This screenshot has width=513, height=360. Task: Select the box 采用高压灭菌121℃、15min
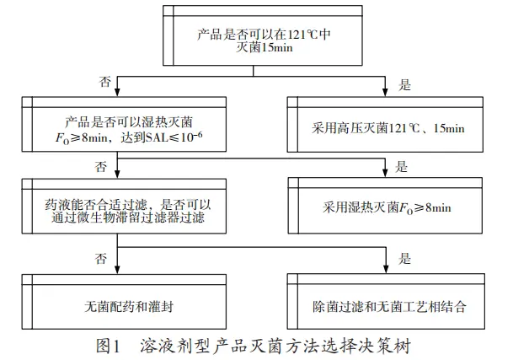tap(388, 130)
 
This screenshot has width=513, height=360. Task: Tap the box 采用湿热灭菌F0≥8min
tap(388, 206)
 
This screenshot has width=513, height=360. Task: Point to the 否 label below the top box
tap(105, 83)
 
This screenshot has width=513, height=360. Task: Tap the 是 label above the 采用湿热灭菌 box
tap(402, 164)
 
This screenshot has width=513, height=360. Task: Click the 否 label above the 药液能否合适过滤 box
tap(102, 164)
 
